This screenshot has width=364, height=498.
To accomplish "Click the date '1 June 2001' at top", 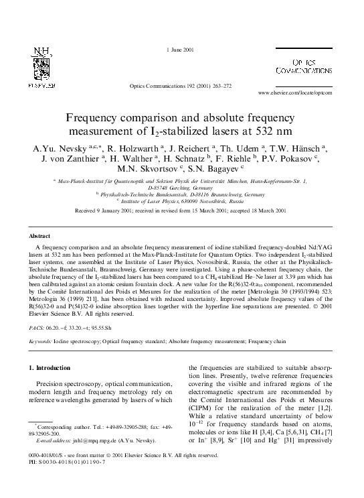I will pos(181,51).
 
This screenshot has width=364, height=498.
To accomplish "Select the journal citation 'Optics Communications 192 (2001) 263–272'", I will pos(181,86).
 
